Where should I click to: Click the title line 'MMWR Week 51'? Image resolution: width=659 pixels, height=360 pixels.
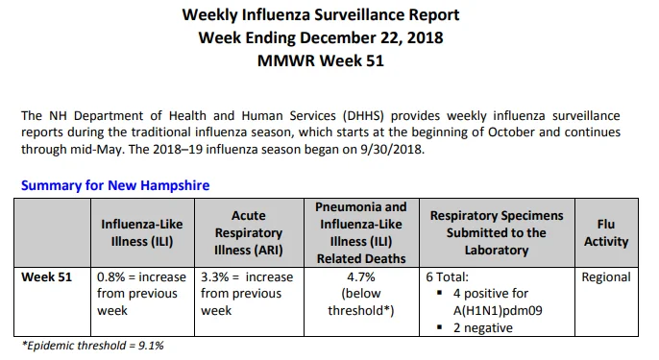coord(321,60)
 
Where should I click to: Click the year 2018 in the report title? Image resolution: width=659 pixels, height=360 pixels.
coord(425,37)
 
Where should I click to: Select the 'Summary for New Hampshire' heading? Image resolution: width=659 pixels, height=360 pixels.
coord(115,185)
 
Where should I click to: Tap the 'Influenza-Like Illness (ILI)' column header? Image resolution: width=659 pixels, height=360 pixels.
coord(142,232)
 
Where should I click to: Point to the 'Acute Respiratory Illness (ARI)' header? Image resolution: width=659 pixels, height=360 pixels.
coord(249,232)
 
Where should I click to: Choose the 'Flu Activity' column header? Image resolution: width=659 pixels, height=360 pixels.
coord(606,232)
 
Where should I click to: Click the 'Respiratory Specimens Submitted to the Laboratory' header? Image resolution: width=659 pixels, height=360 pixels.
coord(497,232)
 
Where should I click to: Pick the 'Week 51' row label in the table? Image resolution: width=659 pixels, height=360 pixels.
coord(47,277)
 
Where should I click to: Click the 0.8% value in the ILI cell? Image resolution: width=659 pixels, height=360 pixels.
coord(111,277)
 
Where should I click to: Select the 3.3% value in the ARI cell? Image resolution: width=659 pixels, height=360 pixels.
coord(215,277)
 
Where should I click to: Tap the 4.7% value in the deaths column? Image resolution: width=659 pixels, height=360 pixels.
coord(361,277)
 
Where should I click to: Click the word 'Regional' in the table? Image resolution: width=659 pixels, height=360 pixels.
coord(606,277)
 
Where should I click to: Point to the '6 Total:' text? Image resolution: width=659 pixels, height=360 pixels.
coord(448,277)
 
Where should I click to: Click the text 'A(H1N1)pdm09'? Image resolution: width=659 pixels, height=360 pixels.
coord(498,311)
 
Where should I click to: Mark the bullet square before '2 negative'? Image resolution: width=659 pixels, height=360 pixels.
coord(440,326)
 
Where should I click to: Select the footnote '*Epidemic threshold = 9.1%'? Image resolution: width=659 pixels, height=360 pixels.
coord(93,346)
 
